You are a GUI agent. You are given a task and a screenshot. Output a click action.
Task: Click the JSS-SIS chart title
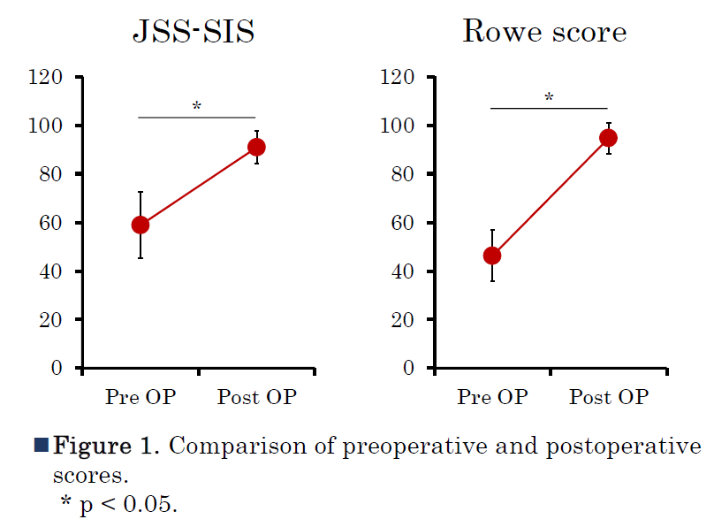[x=194, y=33]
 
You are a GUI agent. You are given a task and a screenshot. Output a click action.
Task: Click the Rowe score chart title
[x=544, y=33]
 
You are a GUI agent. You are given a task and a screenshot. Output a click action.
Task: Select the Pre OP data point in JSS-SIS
[x=141, y=225]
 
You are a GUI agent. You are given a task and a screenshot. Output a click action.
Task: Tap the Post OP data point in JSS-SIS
[x=256, y=147]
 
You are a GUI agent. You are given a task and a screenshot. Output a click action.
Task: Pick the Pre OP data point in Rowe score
[x=492, y=256]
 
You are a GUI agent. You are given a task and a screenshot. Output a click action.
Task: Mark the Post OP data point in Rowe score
[x=608, y=138]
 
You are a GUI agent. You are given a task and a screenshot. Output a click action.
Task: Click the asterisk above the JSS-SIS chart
[x=197, y=107]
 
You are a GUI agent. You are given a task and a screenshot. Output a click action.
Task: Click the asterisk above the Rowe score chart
[x=549, y=97]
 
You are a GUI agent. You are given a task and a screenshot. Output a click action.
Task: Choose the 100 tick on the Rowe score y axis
[x=397, y=126]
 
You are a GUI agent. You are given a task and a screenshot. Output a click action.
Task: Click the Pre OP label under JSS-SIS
[x=141, y=397]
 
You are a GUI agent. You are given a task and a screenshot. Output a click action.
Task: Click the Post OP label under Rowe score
[x=609, y=397]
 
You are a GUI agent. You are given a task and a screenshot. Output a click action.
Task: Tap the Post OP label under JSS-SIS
[x=257, y=397]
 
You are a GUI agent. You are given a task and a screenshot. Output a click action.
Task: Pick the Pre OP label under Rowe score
[x=492, y=397]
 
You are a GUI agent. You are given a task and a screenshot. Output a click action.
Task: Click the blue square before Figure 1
[x=41, y=445]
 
